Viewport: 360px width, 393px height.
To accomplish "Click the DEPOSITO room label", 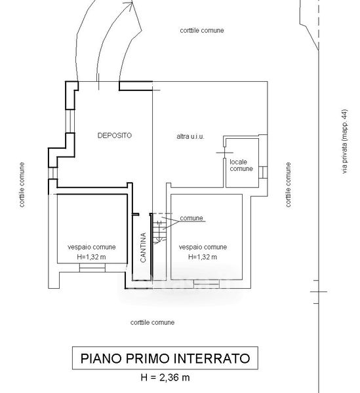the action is pos(114,136).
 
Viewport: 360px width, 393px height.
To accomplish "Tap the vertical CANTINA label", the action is pos(143,248).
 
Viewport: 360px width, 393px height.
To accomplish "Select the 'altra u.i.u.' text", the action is pos(190,137).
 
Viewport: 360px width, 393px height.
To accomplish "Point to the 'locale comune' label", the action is pos(241,166).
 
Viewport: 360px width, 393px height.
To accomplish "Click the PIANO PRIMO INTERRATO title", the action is pos(165,358).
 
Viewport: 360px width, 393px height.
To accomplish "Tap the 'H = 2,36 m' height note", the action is pos(165,377).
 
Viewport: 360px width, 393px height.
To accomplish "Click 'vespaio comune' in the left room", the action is pos(92,247).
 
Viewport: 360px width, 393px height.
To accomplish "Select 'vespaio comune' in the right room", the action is pos(203,247).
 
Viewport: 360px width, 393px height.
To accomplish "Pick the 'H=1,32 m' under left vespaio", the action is pos(91,257).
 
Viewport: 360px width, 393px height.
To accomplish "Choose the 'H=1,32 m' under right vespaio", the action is pos(203,257).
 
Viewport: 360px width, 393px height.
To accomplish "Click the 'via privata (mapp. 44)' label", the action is pos(345,141).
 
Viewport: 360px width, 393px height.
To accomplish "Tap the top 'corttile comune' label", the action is pos(202,30).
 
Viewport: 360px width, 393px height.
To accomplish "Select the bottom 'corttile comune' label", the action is pos(152,322).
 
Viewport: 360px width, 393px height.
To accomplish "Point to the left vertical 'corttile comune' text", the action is pos(22,185).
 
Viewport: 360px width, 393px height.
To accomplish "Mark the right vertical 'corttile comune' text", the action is pos(289,185).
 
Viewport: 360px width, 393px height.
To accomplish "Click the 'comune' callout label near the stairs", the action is pos(191,218).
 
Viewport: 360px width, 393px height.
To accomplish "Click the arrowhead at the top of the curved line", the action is pos(131,3).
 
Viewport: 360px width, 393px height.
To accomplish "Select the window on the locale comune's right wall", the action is pos(263,172).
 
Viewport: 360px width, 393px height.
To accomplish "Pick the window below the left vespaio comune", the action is pos(92,268).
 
